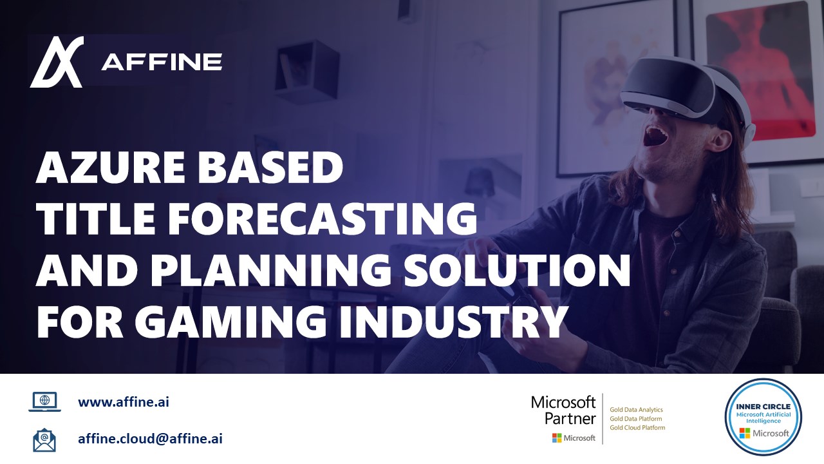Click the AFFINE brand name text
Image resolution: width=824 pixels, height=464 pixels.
(162, 62)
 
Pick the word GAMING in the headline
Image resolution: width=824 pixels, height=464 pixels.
(230, 321)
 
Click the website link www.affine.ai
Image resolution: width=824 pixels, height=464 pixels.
(124, 401)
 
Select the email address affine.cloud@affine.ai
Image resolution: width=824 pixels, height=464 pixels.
(150, 439)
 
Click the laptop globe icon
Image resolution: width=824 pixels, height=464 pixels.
(44, 401)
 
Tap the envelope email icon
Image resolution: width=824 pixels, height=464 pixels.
(44, 440)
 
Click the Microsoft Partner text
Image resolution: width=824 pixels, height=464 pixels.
(563, 411)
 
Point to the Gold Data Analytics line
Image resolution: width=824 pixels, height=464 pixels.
(637, 410)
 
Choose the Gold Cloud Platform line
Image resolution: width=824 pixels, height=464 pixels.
(637, 428)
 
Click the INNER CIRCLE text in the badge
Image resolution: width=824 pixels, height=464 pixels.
(763, 407)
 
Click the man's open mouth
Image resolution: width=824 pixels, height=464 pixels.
(657, 136)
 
